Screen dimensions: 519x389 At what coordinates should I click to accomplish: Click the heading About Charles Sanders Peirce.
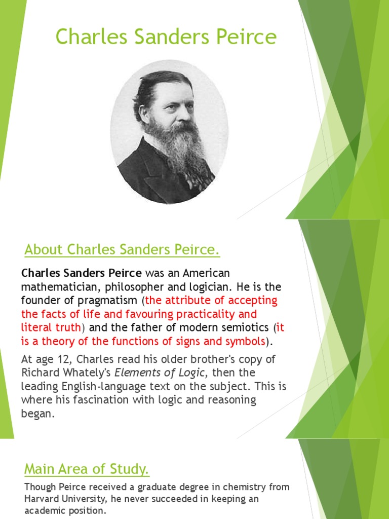(122, 249)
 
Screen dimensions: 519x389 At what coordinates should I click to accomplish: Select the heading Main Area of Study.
(87, 469)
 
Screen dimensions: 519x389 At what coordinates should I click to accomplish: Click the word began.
(37, 413)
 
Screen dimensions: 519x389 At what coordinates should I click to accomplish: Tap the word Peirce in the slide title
(247, 37)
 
